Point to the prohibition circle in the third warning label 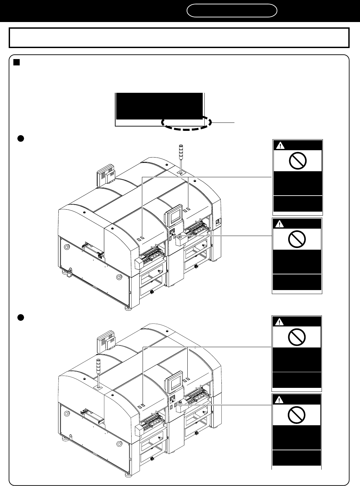(x=297, y=338)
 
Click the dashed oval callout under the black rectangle (x=186, y=123)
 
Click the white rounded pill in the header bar (x=232, y=11)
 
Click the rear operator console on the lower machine (x=106, y=342)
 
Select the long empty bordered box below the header (x=179, y=38)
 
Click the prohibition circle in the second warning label (x=297, y=240)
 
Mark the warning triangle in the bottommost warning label (x=279, y=400)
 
